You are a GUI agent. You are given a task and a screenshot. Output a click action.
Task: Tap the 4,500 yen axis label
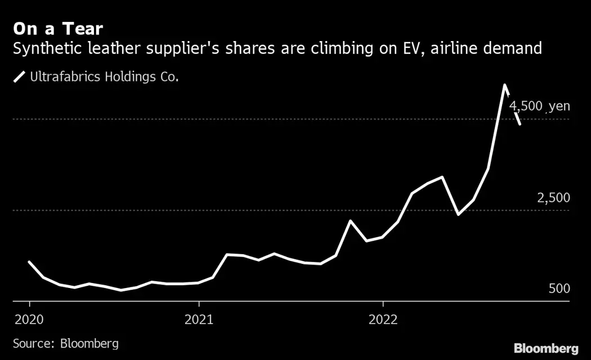click(539, 106)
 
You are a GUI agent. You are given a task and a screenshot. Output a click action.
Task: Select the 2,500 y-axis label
click(553, 198)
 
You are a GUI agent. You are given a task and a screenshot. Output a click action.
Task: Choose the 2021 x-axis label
click(199, 319)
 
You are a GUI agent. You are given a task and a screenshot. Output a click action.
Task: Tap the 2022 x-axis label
click(383, 319)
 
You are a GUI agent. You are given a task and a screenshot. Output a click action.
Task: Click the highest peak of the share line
click(505, 85)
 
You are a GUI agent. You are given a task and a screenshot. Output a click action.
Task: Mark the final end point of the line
click(520, 124)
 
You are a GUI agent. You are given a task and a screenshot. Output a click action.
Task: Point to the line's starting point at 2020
click(29, 262)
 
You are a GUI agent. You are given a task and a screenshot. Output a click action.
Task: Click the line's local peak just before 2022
click(350, 220)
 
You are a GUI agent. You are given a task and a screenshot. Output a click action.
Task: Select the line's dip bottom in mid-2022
click(458, 214)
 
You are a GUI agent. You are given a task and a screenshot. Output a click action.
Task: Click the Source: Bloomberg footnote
click(65, 343)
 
